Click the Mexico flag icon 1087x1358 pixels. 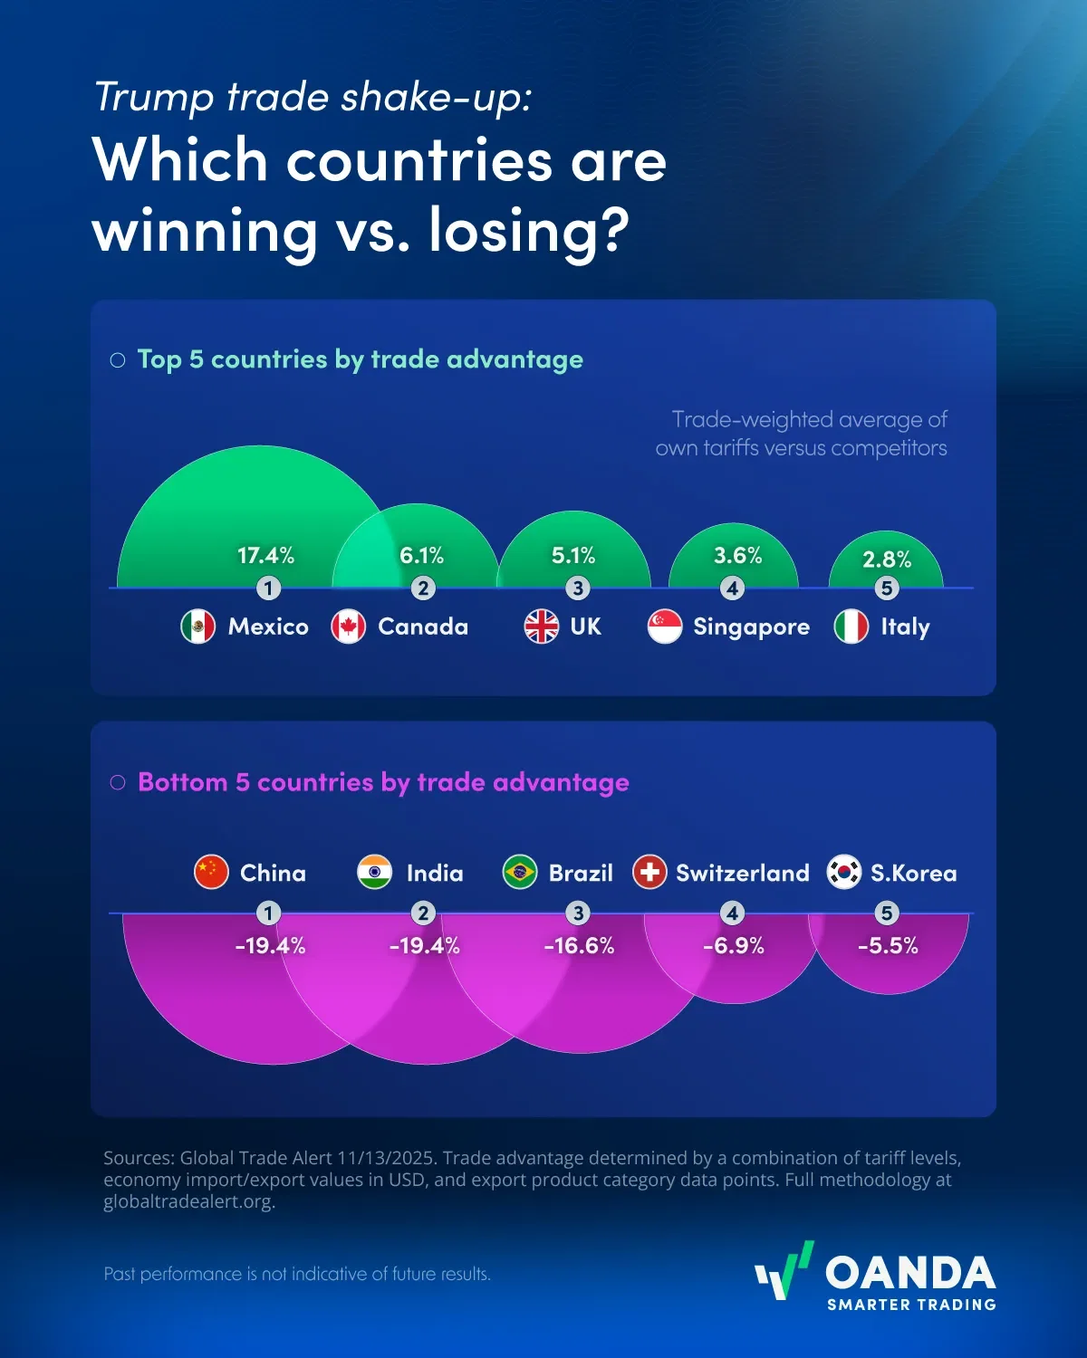coord(198,626)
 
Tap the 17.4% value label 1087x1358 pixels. coord(265,555)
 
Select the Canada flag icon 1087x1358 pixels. coord(349,626)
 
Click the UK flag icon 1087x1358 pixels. coord(542,626)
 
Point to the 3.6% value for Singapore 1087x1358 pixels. coord(737,555)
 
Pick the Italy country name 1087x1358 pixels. coord(905,626)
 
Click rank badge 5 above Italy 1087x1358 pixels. coord(887,588)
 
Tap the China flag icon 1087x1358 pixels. coord(211,873)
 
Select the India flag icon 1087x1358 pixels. coord(374,873)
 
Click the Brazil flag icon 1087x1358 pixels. coord(520,873)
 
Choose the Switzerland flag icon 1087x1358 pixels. coord(649,873)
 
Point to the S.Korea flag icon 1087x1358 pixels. coord(844,873)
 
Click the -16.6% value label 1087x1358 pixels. coord(579,946)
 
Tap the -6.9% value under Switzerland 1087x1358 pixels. coord(734,946)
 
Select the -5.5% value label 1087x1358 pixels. coord(888,946)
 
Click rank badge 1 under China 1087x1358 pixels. coord(268,913)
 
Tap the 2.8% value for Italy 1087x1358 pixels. coord(887,559)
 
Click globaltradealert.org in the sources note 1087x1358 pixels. coord(188,1202)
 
